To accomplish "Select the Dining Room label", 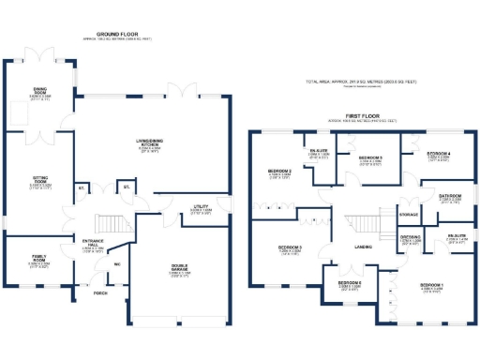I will [x=39, y=93].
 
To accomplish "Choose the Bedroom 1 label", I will [x=430, y=285].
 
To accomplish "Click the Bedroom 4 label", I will [x=439, y=154].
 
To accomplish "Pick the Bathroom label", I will [x=450, y=198].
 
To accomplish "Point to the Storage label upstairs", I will [x=408, y=215].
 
